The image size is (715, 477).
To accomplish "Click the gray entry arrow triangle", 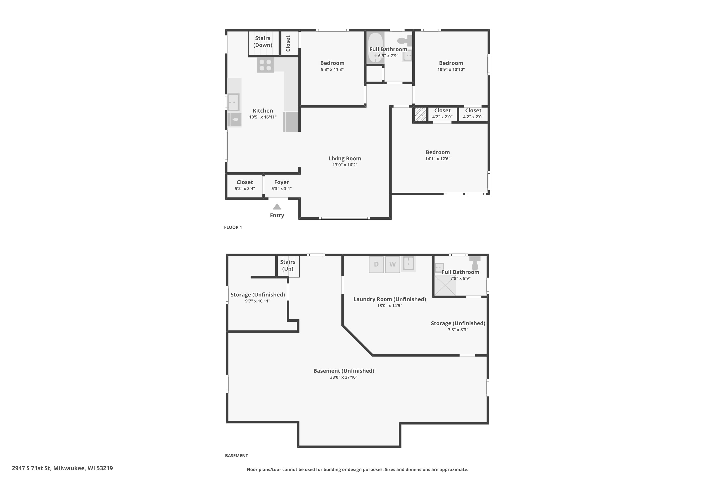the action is (x=277, y=207).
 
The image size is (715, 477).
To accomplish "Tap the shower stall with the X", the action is (x=445, y=285).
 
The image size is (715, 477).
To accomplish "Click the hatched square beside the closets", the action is (x=420, y=114).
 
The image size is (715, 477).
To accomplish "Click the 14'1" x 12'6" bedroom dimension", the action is (x=438, y=159).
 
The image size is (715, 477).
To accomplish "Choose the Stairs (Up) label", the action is (x=288, y=265).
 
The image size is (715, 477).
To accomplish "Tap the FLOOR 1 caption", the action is (x=233, y=227).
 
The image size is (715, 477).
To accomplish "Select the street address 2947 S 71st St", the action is (x=31, y=468).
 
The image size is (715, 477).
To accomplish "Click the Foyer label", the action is (x=281, y=182).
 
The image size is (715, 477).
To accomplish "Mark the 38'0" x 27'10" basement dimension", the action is (x=344, y=378).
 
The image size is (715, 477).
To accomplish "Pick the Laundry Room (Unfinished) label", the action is (x=390, y=299).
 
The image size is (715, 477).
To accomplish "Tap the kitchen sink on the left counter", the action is (x=234, y=102).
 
